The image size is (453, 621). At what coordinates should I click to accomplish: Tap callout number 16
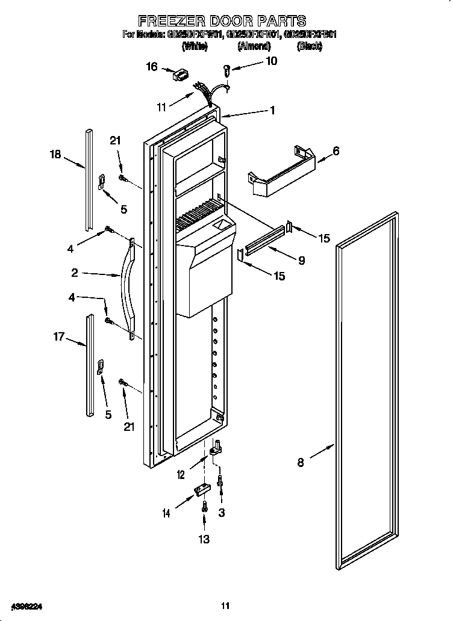point(152,67)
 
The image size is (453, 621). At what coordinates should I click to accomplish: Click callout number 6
point(336,152)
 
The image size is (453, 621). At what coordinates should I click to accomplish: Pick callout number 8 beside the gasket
point(301,462)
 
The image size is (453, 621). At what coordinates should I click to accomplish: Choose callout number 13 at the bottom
point(204,539)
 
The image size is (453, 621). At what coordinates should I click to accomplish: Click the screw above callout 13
point(205,507)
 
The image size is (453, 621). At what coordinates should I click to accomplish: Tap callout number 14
point(166,513)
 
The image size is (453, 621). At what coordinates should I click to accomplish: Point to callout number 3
point(222,512)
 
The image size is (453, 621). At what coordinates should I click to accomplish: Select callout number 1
point(272,110)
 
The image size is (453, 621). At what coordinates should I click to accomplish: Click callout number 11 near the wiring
point(161,108)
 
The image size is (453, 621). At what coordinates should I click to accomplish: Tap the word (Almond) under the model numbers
point(254,46)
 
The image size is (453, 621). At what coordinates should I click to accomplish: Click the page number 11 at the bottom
point(225,605)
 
